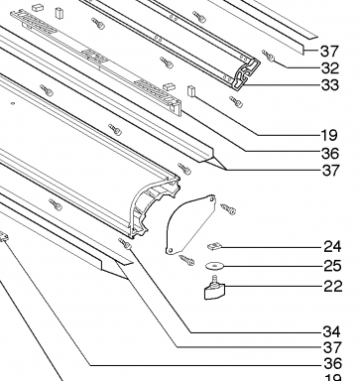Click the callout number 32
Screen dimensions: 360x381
click(330, 68)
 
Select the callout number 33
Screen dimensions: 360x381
click(330, 85)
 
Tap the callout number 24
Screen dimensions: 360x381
click(332, 247)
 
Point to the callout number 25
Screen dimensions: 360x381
click(332, 266)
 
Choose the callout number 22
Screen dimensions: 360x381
click(333, 286)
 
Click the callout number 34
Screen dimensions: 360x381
click(331, 331)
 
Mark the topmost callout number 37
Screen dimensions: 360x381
click(329, 52)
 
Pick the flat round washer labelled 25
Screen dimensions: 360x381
click(214, 265)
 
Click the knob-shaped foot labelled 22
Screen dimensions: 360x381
click(214, 289)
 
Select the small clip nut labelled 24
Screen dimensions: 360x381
click(214, 246)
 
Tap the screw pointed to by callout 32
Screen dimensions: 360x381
click(268, 56)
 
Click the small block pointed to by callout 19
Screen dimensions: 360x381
click(191, 91)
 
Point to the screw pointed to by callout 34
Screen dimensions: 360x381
click(126, 244)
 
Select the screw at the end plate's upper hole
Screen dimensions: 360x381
click(228, 209)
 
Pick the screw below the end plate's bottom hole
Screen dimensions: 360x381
click(186, 260)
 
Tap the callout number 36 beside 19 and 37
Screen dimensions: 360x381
click(330, 154)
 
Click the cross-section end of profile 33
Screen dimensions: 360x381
click(246, 74)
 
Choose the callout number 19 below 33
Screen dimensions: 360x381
click(329, 135)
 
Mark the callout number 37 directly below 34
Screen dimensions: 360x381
click(332, 347)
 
